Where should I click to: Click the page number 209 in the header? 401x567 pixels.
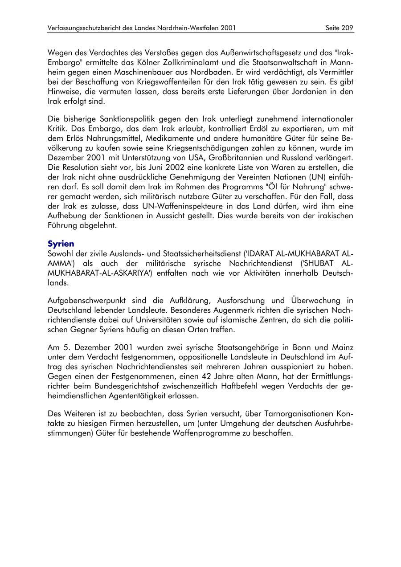click(347, 28)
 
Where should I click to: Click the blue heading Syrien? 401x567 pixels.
click(61, 244)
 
